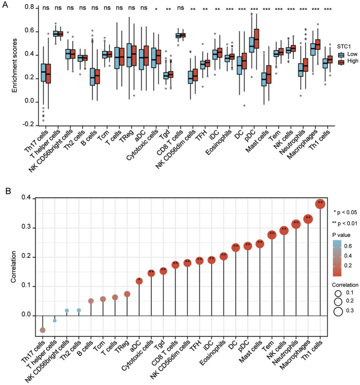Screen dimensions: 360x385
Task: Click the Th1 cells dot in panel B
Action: pyautogui.click(x=320, y=204)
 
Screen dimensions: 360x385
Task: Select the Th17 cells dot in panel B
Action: pyautogui.click(x=43, y=330)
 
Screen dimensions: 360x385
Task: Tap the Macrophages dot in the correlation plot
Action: pyautogui.click(x=308, y=219)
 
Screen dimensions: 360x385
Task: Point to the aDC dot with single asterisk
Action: pyautogui.click(x=139, y=281)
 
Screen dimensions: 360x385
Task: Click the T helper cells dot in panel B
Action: pyautogui.click(x=55, y=321)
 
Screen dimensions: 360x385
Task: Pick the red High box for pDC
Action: pyautogui.click(x=256, y=38)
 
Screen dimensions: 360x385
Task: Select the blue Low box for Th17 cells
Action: pyautogui.click(x=44, y=73)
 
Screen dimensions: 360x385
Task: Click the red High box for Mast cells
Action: pyautogui.click(x=269, y=74)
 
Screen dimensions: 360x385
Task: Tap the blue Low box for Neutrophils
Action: pyautogui.click(x=301, y=70)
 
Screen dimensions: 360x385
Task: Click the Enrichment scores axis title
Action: pyautogui.click(x=15, y=66)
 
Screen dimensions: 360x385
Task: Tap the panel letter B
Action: pyautogui.click(x=8, y=191)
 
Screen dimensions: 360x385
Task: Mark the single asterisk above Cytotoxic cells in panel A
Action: pyautogui.click(x=156, y=9)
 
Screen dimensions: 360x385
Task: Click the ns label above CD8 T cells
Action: pyautogui.click(x=181, y=8)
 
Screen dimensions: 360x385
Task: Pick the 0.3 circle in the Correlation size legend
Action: pyautogui.click(x=338, y=311)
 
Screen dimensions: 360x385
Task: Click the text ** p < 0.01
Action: pyautogui.click(x=344, y=224)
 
